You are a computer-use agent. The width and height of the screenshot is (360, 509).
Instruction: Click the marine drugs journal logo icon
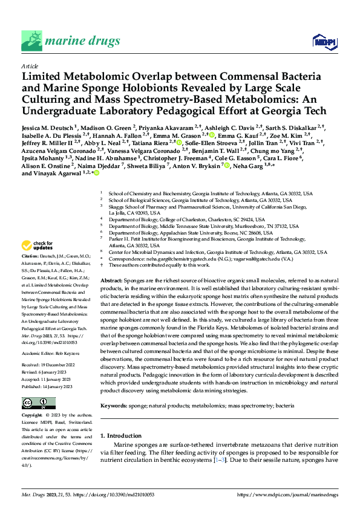tap(31, 41)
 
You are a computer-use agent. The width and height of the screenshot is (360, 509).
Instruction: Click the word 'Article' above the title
tap(29, 66)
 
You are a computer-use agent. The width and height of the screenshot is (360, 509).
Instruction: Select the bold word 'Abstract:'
tap(110, 282)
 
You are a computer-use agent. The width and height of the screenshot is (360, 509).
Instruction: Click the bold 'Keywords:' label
tap(114, 387)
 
